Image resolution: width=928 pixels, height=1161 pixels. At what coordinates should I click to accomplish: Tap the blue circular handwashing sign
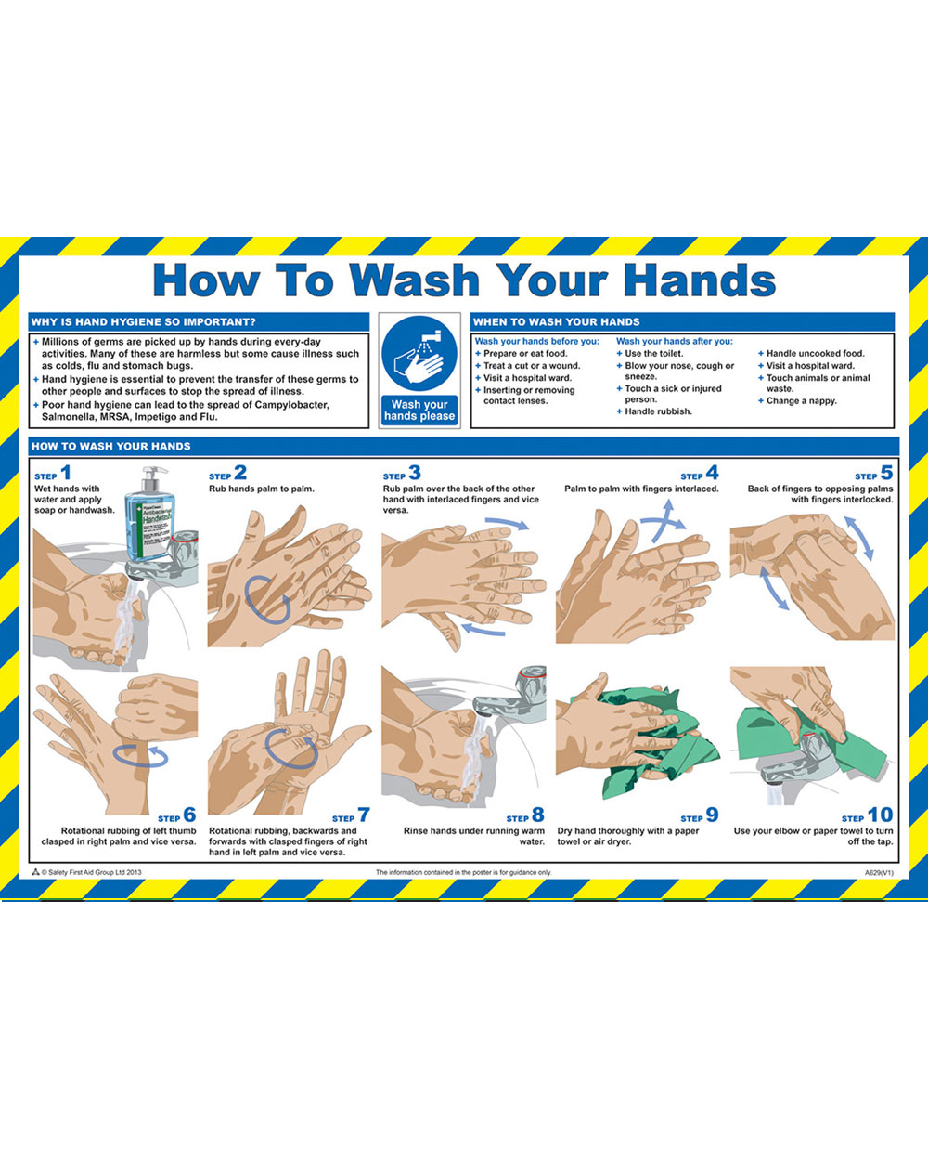419,353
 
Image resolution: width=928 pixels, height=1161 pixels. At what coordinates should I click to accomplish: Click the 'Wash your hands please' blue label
419,411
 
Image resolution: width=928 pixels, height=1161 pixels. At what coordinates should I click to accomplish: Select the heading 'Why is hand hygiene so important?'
144,322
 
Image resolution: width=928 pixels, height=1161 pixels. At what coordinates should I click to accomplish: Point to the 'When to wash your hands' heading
557,322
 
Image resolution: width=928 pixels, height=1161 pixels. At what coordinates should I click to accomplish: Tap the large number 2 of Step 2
240,473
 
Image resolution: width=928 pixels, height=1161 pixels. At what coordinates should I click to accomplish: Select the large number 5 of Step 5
887,473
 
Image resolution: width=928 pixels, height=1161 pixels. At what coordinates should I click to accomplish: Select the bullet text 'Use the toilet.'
653,354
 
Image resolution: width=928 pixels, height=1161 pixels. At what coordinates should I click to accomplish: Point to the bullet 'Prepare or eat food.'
524,354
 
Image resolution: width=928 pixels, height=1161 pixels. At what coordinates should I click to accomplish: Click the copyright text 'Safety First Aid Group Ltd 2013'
91,873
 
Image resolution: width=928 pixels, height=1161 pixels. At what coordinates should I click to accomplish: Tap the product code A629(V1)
879,873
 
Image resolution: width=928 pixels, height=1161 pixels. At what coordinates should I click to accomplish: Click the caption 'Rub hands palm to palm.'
262,489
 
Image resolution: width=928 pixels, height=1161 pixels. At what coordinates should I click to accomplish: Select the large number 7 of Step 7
364,815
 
